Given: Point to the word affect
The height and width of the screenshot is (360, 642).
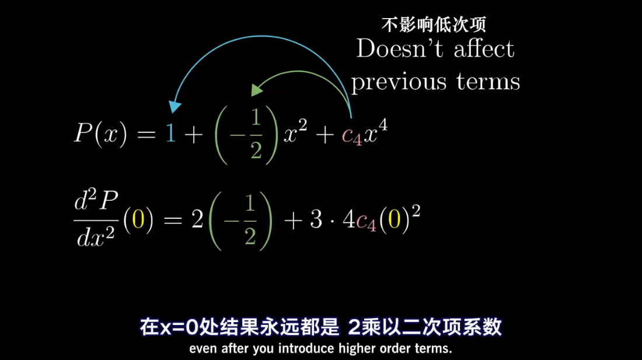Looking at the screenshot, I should tap(484, 48).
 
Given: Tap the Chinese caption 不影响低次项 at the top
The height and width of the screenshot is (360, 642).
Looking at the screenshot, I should tap(433, 25).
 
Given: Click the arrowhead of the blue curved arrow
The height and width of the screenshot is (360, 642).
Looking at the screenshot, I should tap(175, 106).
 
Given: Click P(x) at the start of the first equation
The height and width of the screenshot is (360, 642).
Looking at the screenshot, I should tap(100, 135).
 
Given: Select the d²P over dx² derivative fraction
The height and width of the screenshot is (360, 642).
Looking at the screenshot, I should tap(96, 219).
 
